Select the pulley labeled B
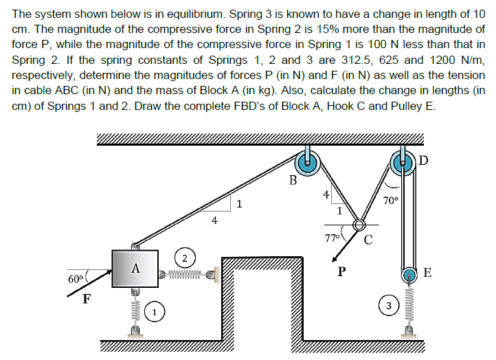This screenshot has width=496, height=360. (308, 164)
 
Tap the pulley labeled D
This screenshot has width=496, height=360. (403, 163)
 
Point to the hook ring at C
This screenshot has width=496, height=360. (359, 225)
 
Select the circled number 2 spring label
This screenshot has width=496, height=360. (185, 258)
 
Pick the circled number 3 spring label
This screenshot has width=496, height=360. (389, 306)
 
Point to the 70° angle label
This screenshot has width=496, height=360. (390, 201)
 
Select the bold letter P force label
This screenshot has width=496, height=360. (341, 270)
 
